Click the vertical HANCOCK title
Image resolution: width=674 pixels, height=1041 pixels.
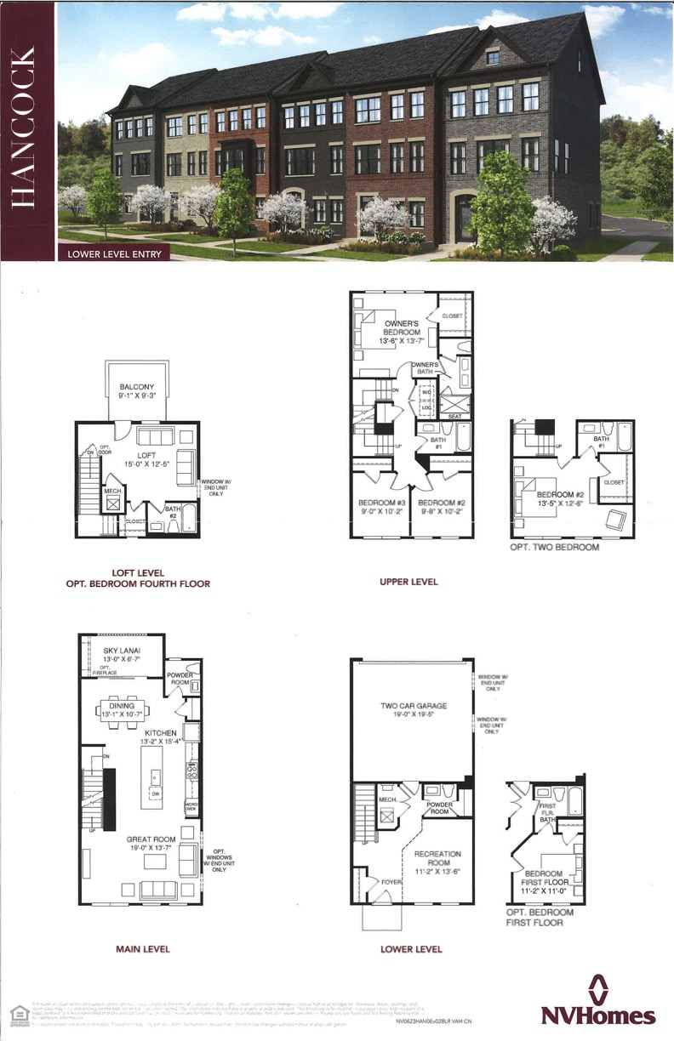26,128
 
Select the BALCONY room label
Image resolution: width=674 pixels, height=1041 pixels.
135,389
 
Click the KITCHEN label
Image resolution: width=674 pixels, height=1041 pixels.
160,732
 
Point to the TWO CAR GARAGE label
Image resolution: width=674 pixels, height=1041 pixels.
414,706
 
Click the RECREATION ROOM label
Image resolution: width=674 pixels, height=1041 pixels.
437,858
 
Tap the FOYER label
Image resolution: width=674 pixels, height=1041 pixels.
391,882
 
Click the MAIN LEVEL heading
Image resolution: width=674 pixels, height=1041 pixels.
142,948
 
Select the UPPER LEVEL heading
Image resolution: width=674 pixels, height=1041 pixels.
409,582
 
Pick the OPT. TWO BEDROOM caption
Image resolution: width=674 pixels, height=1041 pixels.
554,547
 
